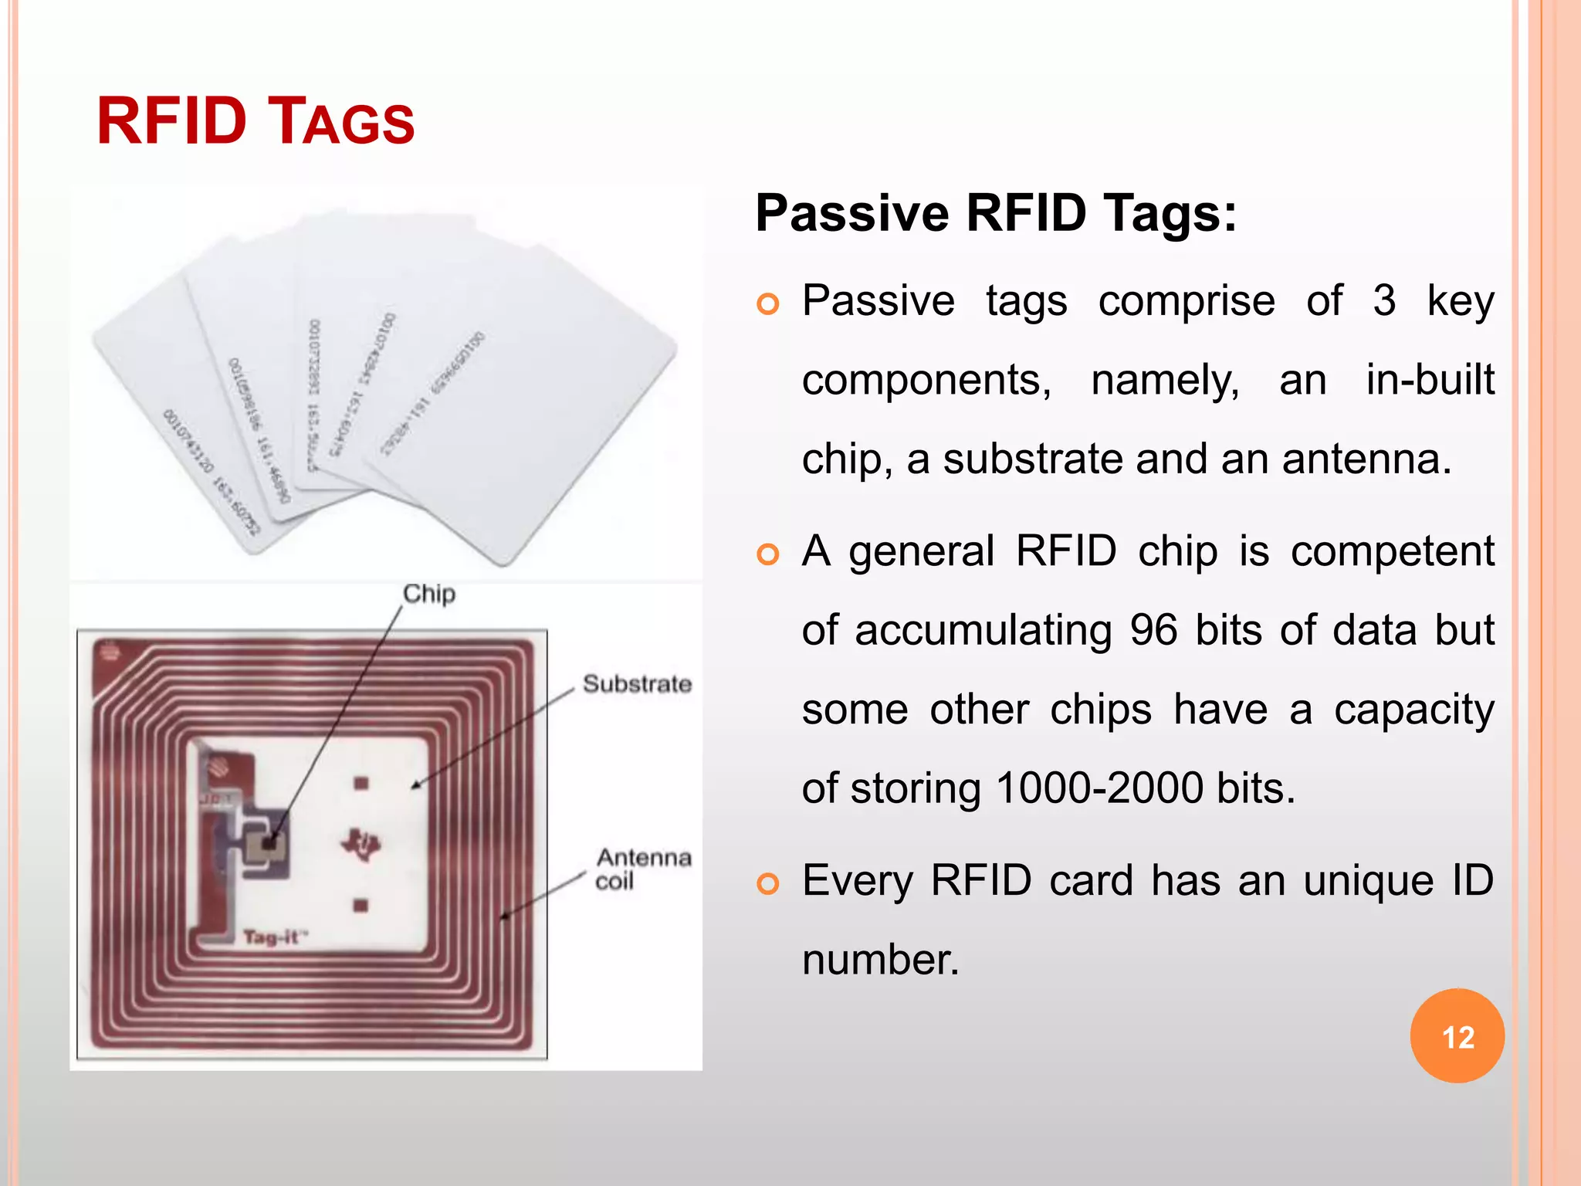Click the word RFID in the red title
[171, 121]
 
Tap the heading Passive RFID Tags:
[996, 213]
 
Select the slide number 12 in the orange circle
[1457, 1037]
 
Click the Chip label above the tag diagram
[429, 594]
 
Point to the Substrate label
[637, 684]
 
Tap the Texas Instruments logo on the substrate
[361, 844]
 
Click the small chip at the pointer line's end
[269, 845]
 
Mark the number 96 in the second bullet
[1153, 630]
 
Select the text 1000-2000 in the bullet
[1099, 788]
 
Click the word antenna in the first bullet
[1366, 459]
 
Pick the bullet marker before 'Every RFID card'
[768, 883]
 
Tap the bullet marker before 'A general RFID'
[768, 554]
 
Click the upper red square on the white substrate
[361, 784]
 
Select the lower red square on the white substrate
[361, 905]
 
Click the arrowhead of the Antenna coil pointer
[504, 917]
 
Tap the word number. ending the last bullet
[880, 961]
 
